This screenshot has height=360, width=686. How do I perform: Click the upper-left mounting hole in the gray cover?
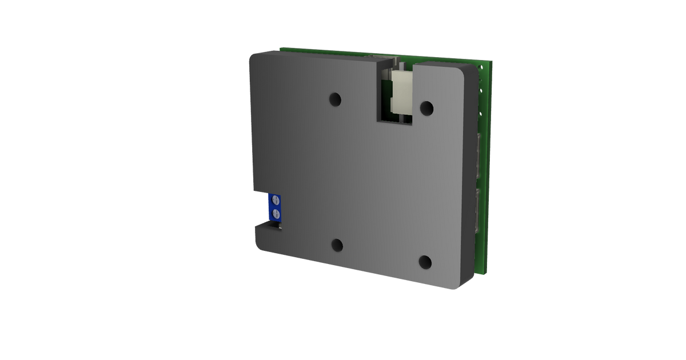tap(335, 100)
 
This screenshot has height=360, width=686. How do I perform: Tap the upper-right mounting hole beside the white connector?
tap(426, 106)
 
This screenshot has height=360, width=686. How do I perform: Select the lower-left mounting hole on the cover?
tap(337, 245)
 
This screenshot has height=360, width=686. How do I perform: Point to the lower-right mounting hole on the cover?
tap(425, 262)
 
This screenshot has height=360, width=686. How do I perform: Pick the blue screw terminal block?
tap(275, 207)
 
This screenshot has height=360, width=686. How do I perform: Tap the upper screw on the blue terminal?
tap(276, 200)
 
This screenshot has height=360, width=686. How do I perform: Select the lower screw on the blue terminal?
tap(276, 214)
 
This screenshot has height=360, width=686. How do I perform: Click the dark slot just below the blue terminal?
tap(268, 227)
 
